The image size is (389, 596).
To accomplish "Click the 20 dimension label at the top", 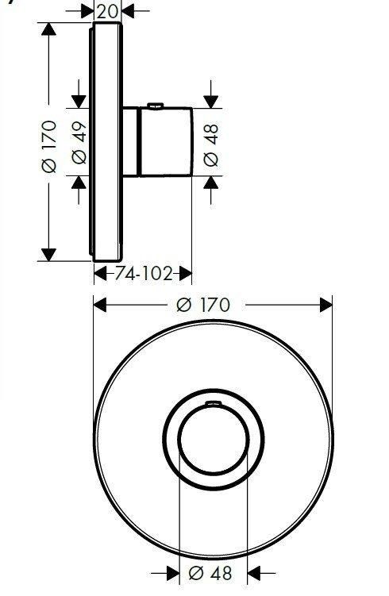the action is click(107, 11).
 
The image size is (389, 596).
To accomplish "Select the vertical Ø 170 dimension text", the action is click(50, 146).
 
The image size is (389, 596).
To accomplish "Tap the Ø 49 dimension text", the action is click(79, 143).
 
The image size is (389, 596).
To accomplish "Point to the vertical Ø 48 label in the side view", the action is click(211, 145).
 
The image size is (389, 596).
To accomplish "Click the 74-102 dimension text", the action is click(144, 273).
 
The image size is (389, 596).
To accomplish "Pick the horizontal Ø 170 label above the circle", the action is click(203, 305).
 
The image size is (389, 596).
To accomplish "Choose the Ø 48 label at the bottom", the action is click(210, 573).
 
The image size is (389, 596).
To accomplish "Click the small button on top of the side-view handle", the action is click(156, 106).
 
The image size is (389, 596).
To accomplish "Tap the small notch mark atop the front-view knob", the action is click(214, 402).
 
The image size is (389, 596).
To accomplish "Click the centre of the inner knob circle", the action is click(214, 439).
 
